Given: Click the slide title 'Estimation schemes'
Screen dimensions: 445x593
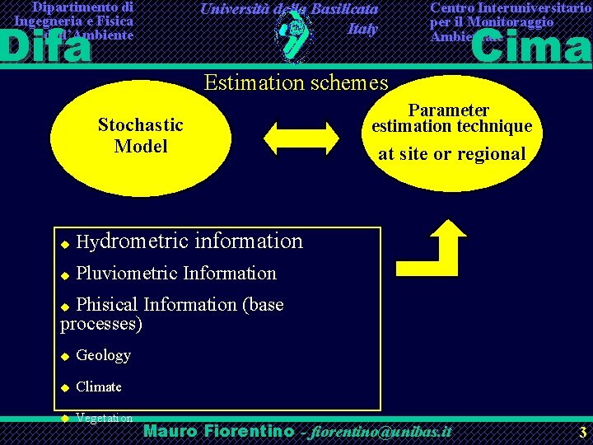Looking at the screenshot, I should (x=296, y=82).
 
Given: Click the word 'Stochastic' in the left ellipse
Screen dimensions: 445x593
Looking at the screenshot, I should (x=140, y=124).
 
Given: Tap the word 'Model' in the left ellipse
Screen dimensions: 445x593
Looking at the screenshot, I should (x=141, y=146).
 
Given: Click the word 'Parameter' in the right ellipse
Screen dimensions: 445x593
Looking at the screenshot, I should (x=449, y=110).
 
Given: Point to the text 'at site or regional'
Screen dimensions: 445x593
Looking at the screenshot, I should (x=451, y=153).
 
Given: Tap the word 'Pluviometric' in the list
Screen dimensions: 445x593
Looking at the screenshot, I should (x=127, y=273).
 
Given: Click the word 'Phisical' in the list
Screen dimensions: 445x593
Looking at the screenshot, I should (x=107, y=305).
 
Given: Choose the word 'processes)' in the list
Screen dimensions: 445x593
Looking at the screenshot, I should (x=101, y=324).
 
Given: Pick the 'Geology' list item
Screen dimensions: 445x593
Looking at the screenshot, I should (x=103, y=355).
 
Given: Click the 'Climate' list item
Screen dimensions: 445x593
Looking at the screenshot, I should (x=99, y=386).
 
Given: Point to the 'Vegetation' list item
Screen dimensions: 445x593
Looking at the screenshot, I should (x=104, y=418).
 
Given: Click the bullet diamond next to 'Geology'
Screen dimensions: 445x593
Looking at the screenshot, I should (x=64, y=357).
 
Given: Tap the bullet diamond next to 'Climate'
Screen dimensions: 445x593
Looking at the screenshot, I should (x=64, y=387).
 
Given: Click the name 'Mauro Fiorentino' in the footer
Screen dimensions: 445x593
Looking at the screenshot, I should (x=218, y=431).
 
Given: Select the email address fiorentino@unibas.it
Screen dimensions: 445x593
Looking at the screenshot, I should (x=379, y=432).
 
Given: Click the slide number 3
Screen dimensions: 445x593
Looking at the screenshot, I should (x=582, y=432).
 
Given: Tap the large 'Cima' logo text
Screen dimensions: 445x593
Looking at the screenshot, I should (x=531, y=45).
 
